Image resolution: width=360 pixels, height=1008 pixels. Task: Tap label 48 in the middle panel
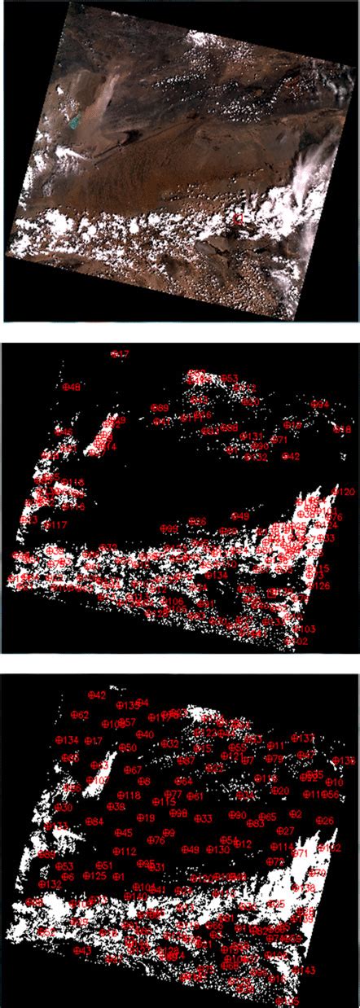click(x=73, y=388)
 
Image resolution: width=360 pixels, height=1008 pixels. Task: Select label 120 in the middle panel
click(x=345, y=493)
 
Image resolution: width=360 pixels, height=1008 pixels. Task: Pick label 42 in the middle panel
click(x=292, y=456)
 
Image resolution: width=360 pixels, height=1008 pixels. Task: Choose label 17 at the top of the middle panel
click(x=121, y=354)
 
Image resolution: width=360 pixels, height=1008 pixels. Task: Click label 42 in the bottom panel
click(x=96, y=695)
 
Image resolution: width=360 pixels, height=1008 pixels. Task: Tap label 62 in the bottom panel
click(x=80, y=715)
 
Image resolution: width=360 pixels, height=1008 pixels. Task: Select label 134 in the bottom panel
click(x=68, y=740)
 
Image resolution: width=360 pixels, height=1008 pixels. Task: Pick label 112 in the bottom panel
click(x=125, y=852)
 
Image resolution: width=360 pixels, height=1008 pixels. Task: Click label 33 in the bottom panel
click(x=204, y=818)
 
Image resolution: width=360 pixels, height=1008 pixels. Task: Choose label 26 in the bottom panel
click(x=324, y=821)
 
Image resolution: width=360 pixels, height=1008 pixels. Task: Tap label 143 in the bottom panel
click(x=303, y=971)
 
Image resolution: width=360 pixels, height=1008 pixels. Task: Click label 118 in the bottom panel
click(x=129, y=795)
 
